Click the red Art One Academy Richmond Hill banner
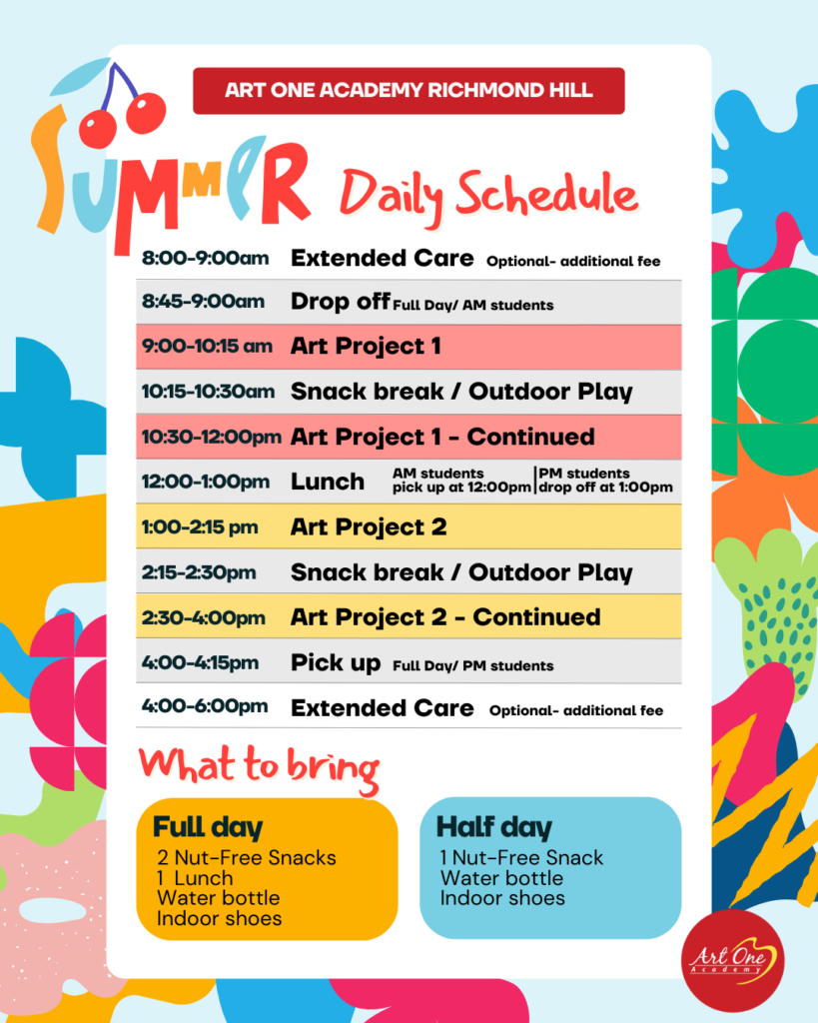point(409,91)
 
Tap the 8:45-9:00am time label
point(203,302)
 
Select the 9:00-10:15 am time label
point(207,346)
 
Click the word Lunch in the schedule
point(328,482)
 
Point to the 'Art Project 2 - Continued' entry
point(445,617)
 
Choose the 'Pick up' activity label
point(336,663)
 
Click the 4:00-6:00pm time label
point(205,706)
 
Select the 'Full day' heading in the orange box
point(208,827)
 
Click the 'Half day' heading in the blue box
point(493,827)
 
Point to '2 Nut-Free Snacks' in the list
point(247,857)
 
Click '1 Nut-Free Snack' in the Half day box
point(521,857)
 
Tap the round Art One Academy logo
point(732,960)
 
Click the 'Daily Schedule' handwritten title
point(488,195)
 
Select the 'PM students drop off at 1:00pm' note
point(605,481)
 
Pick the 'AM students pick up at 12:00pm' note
point(461,481)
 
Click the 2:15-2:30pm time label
point(199,572)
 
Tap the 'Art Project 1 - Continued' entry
point(442,438)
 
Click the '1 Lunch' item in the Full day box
point(195,878)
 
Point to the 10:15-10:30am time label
point(208,392)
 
